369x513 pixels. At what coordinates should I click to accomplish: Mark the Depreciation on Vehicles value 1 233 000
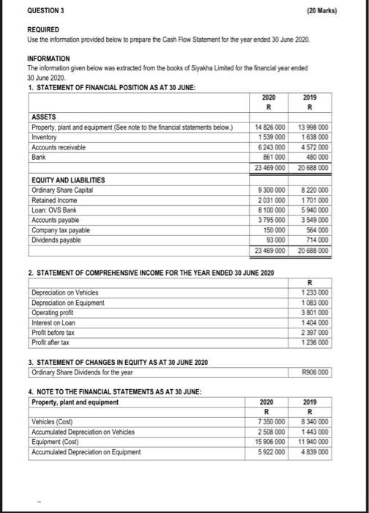313,292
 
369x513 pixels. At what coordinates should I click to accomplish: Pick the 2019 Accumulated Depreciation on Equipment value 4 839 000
313,451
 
